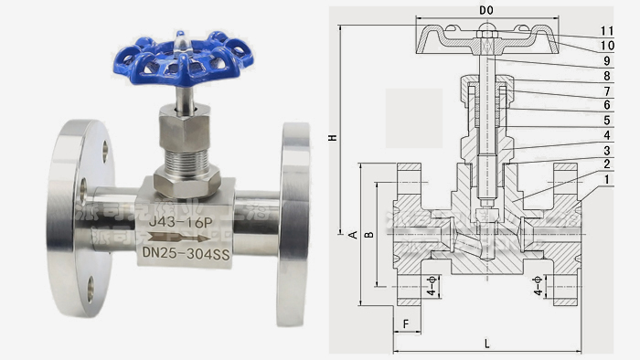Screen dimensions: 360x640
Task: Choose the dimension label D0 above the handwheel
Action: click(x=485, y=9)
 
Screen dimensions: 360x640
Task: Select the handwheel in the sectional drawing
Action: click(x=485, y=39)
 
